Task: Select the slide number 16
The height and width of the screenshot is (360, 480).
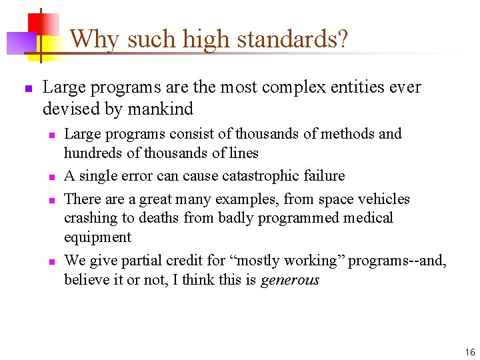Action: point(470,352)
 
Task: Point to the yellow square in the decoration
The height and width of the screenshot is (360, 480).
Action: point(48,47)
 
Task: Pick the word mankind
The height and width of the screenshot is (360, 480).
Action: point(163,108)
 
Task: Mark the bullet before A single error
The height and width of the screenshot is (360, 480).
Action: point(50,177)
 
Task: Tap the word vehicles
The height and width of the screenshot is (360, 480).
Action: point(385,199)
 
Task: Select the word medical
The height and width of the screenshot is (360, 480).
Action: point(370,218)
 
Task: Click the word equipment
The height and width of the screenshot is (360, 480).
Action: point(97,237)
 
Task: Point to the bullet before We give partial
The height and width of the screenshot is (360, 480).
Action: point(50,261)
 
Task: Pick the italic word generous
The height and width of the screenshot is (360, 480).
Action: point(289,280)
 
